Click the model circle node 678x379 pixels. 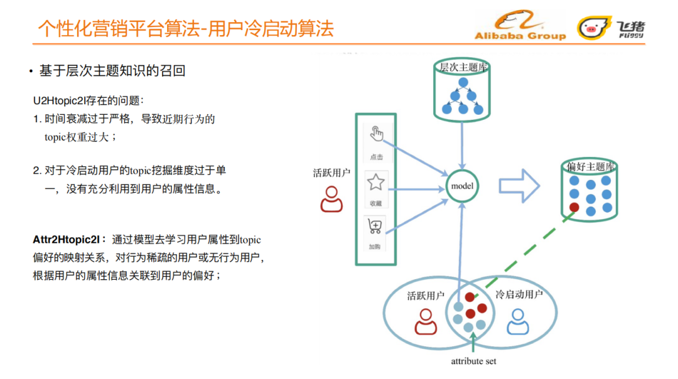click(x=462, y=186)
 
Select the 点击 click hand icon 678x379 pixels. click(x=376, y=134)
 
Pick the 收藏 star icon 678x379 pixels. click(x=375, y=183)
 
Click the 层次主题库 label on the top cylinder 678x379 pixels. click(x=463, y=67)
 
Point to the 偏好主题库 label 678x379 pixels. click(x=590, y=166)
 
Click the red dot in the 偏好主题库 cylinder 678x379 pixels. click(x=574, y=207)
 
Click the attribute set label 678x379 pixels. click(x=474, y=361)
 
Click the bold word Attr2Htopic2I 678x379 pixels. click(x=66, y=240)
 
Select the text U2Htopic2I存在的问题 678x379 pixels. click(x=88, y=100)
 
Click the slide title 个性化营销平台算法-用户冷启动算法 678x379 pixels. click(x=186, y=28)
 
